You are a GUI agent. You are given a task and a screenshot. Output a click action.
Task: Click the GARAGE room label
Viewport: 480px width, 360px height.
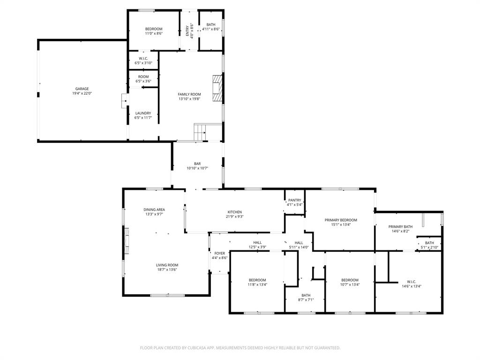coord(82,89)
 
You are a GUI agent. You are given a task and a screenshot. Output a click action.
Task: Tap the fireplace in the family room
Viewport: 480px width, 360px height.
coord(217,88)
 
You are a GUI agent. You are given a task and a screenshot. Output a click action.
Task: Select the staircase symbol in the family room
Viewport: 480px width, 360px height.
coord(201,132)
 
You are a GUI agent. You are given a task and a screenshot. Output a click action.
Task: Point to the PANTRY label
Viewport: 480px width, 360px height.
coord(294,200)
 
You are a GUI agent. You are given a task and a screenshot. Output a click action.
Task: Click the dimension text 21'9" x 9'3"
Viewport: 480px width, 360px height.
coord(234,217)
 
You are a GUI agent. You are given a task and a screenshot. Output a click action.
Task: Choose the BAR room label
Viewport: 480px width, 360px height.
coord(197,164)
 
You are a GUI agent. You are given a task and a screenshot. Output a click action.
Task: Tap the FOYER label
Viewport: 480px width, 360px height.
coord(219,253)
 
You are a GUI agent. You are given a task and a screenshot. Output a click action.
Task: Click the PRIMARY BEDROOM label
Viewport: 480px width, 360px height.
coord(341,220)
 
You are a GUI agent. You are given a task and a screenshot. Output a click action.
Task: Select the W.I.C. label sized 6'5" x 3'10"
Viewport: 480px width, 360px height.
coord(143,59)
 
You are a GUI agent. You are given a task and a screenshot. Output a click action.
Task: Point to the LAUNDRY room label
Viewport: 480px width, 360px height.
coord(143,113)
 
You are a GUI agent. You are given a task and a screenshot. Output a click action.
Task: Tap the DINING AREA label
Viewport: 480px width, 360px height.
coord(154,210)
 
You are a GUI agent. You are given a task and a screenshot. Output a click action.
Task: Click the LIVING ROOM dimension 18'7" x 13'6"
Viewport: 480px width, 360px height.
coord(167,270)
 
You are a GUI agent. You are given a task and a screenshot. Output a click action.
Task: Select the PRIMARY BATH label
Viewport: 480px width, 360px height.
coord(400,226)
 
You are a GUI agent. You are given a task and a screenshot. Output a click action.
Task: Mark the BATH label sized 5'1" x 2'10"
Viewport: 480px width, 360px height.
coord(429,243)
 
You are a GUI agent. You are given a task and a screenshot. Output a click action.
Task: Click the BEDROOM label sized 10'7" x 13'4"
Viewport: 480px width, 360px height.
coord(350,280)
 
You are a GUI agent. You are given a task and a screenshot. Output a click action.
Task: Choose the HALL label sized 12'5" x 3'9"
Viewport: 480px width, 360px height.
coord(257,242)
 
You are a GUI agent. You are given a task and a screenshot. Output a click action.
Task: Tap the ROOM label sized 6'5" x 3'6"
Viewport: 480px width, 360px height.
coord(143,76)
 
